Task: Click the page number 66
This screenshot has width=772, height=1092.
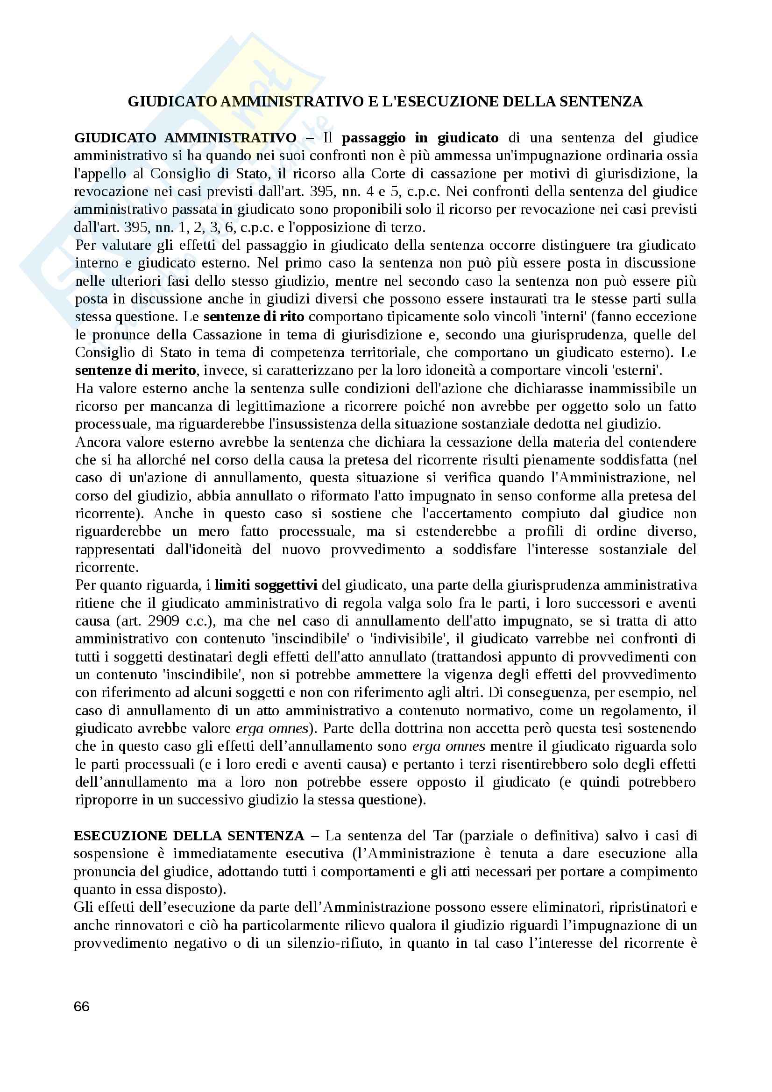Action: [x=82, y=1007]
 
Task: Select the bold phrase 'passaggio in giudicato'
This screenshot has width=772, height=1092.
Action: [x=420, y=138]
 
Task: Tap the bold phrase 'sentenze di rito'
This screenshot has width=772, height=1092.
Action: [x=254, y=317]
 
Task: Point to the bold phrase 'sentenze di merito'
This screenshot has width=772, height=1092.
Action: [x=135, y=370]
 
